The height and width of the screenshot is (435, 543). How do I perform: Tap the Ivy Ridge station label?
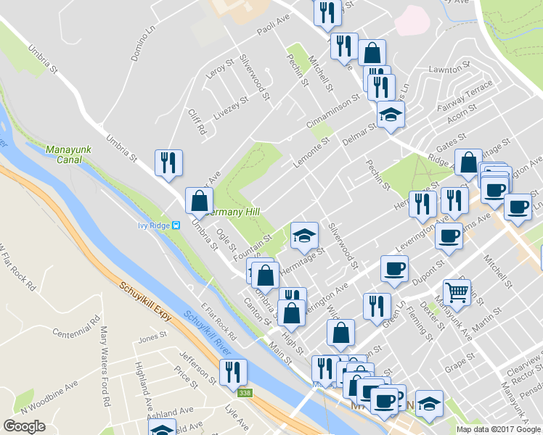[154, 225]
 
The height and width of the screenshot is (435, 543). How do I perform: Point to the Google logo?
[24, 426]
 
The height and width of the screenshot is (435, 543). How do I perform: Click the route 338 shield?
[249, 392]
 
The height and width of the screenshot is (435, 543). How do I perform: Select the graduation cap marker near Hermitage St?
[305, 235]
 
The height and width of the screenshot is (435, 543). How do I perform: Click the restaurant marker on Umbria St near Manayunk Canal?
[168, 163]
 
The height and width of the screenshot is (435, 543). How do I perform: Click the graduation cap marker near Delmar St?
[391, 115]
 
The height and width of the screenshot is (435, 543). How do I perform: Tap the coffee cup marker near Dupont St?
[396, 269]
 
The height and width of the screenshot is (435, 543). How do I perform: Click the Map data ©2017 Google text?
[498, 429]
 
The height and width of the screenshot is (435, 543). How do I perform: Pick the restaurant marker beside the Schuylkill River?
[233, 372]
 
